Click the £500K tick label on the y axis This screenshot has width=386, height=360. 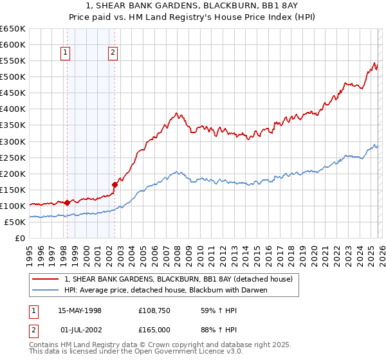(x=12, y=76)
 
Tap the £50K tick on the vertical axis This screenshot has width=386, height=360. (x=15, y=222)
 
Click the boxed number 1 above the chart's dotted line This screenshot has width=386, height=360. (x=67, y=53)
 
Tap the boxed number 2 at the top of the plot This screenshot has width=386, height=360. (x=113, y=53)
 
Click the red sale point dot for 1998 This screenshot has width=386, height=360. (x=68, y=203)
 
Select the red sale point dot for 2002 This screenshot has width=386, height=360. (x=115, y=184)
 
